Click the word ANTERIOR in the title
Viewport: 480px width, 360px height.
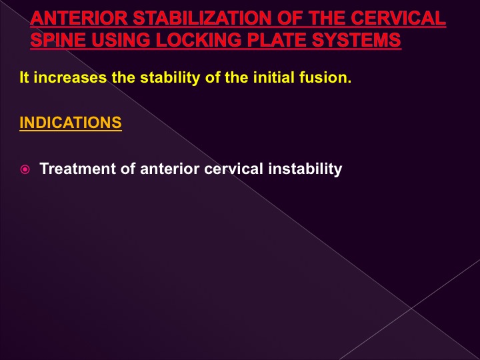pyautogui.click(x=79, y=18)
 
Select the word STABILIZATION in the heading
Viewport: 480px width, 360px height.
pyautogui.click(x=203, y=18)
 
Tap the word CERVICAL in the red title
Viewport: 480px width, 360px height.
pyautogui.click(x=398, y=18)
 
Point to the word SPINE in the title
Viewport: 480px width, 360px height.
pyautogui.click(x=58, y=40)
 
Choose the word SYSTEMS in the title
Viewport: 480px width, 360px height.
pyautogui.click(x=356, y=40)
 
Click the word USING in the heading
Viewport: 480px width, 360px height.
pyautogui.click(x=121, y=40)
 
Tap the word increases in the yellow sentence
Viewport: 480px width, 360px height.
pyautogui.click(x=70, y=77)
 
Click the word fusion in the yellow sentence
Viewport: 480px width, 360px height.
pyautogui.click(x=325, y=77)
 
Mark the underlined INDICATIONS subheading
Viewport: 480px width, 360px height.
pyautogui.click(x=71, y=123)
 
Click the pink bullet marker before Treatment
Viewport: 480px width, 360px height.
pyautogui.click(x=25, y=169)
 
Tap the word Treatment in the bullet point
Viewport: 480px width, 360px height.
pyautogui.click(x=78, y=169)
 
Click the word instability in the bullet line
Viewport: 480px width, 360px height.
pyautogui.click(x=305, y=169)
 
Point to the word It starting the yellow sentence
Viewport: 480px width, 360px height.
pyautogui.click(x=24, y=77)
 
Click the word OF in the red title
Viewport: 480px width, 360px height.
pyautogui.click(x=291, y=18)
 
